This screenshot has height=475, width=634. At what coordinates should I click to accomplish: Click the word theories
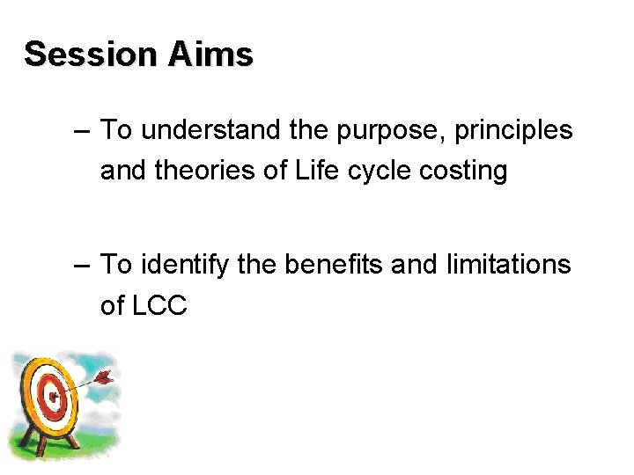(x=195, y=171)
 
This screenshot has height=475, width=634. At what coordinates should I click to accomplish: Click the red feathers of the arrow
(x=104, y=379)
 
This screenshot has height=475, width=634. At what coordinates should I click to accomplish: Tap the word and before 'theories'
(x=123, y=171)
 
